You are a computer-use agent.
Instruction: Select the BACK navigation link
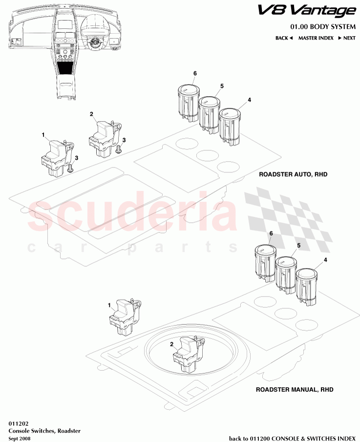click(283, 38)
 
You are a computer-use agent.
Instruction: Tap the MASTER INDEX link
click(316, 38)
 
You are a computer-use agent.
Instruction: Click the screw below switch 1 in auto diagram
click(70, 169)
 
